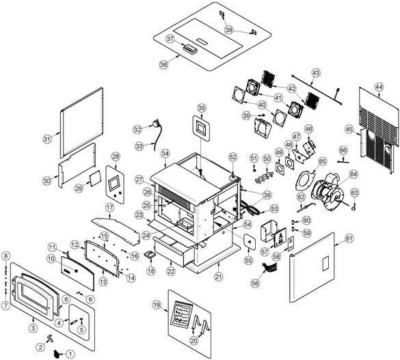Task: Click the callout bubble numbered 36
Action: tap(164, 64)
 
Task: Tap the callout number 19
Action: tap(157, 305)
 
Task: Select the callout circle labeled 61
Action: tap(349, 238)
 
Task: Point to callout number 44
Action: tap(379, 87)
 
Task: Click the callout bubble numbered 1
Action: tap(70, 354)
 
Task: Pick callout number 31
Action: tap(47, 139)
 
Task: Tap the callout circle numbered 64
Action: tap(354, 174)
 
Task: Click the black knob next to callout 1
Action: tap(57, 354)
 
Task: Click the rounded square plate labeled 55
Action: tap(249, 242)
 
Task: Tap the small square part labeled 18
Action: tap(150, 255)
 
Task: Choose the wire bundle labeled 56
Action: tap(269, 268)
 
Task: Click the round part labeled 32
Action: tap(155, 125)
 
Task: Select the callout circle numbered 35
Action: tap(202, 108)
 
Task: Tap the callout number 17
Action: tap(109, 208)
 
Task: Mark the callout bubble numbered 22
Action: tap(171, 272)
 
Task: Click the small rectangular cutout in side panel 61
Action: tap(326, 264)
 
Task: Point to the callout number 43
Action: tap(316, 73)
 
